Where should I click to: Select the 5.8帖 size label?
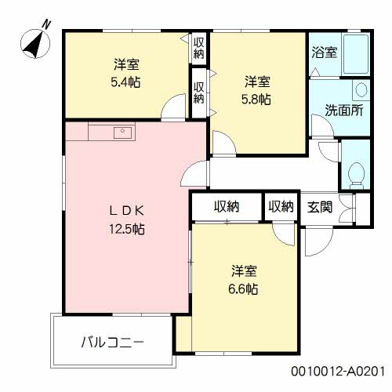(256, 99)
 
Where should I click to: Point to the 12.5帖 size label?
(126, 229)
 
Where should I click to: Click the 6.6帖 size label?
(244, 289)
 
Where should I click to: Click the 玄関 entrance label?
(320, 207)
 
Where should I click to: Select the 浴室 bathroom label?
(324, 53)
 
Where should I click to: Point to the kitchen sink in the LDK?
(122, 132)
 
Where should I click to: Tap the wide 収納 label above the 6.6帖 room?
(227, 207)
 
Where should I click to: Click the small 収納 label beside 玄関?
(281, 207)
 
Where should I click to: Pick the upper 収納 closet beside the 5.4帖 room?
(199, 47)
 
